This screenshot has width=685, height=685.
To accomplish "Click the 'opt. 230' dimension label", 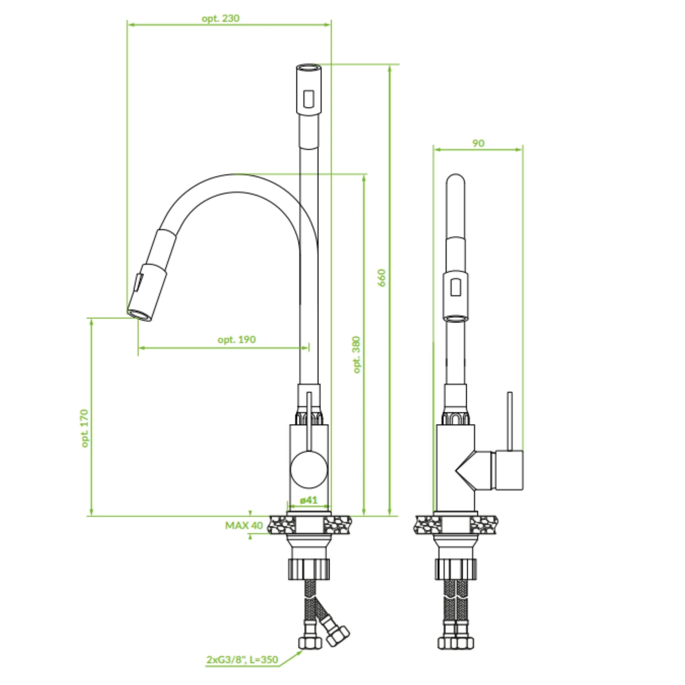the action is point(220,18).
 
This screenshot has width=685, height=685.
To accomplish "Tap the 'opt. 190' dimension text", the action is point(237,340).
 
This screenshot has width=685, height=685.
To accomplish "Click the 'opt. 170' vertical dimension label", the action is point(85,428).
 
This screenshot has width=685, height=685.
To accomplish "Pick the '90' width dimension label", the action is point(478,143).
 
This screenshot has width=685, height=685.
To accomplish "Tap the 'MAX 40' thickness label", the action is point(244,526).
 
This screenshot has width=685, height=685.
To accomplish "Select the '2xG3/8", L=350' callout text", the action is point(242,660).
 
